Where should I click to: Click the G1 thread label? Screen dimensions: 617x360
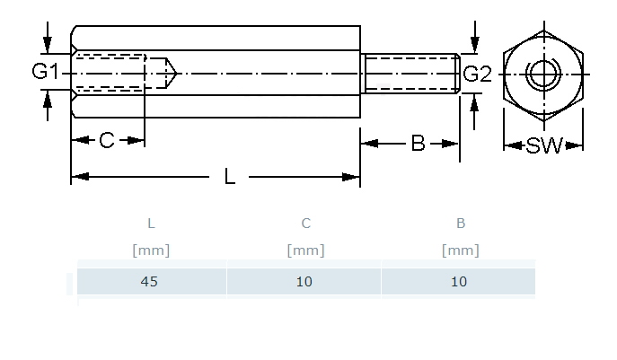[x=45, y=72]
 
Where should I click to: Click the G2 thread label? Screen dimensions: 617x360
[x=477, y=74]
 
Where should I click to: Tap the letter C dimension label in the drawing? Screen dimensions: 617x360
[x=107, y=140]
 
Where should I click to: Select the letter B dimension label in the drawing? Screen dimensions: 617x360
[x=418, y=144]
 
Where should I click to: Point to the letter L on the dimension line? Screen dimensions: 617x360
[x=229, y=176]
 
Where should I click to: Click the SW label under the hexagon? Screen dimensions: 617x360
[x=544, y=145]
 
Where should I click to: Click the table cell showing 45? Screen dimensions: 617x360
[x=149, y=282]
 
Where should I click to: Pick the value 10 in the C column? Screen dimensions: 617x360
[x=304, y=282]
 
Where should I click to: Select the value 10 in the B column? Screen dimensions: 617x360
[x=459, y=282]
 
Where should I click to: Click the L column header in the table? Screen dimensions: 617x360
[x=151, y=224]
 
